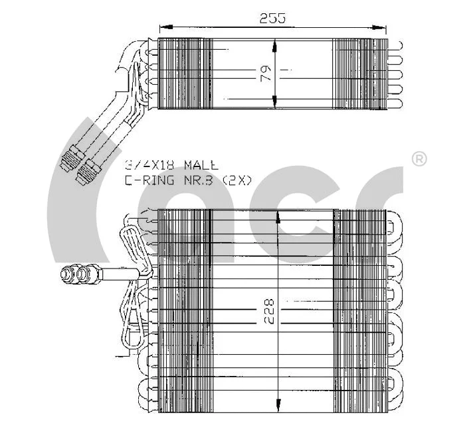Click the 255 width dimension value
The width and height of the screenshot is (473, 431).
pos(272,19)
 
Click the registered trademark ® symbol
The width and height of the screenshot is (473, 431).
pos(419,159)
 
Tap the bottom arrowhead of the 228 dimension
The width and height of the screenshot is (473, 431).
pos(278,406)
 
